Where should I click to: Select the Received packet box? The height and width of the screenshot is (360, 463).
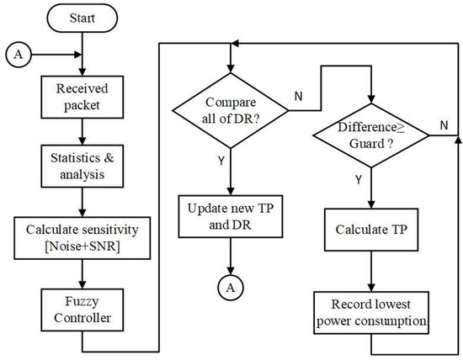click(82, 96)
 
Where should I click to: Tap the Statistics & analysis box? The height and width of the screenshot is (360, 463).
click(82, 165)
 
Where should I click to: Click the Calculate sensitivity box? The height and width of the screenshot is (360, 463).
click(82, 237)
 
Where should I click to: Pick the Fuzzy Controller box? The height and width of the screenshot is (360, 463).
click(82, 308)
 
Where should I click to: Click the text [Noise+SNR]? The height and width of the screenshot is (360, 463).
click(82, 246)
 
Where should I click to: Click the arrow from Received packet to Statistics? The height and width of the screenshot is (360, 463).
click(82, 131)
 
